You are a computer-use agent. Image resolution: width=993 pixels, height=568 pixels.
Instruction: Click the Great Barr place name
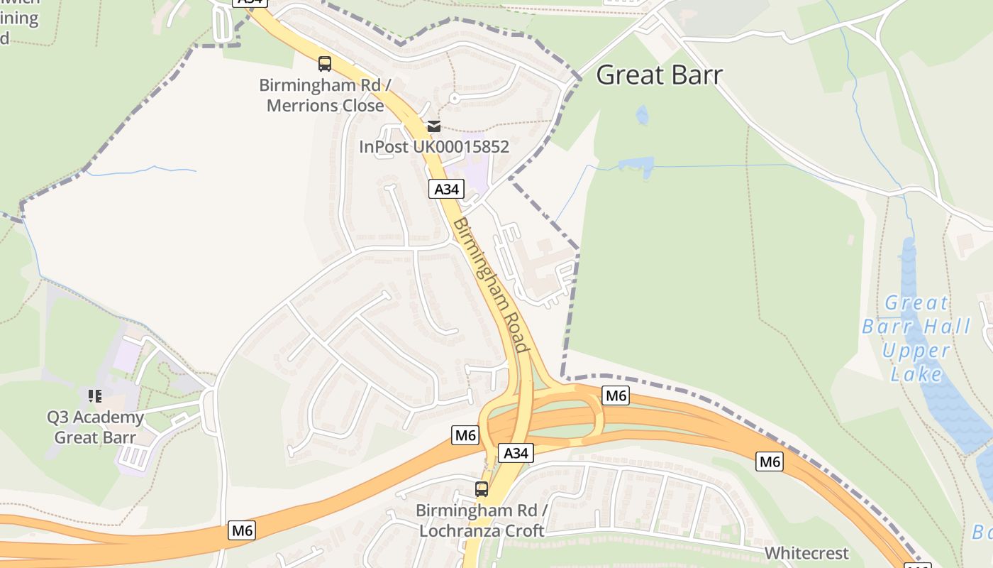tap(659, 75)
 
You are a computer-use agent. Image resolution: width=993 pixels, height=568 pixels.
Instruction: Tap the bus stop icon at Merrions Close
tap(325, 64)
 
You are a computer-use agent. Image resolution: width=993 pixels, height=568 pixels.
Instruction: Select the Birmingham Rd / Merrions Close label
tap(326, 96)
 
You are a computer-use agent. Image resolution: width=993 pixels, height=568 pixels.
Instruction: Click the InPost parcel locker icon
tap(433, 126)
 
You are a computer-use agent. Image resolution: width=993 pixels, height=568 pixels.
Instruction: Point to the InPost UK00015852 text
tap(434, 147)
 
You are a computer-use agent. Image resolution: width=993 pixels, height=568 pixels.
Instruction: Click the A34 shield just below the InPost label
tap(447, 189)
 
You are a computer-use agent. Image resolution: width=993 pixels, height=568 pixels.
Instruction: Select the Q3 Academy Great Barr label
tap(95, 427)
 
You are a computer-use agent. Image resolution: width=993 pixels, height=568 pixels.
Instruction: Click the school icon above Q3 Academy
tap(94, 395)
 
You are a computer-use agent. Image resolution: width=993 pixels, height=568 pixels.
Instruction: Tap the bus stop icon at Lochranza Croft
tap(482, 488)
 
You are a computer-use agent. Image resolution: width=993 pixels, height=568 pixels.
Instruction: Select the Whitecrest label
tap(806, 553)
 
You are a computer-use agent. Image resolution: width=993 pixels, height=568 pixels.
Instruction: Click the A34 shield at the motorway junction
tap(516, 453)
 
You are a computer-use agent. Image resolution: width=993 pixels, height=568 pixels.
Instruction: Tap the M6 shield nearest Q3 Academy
tap(243, 530)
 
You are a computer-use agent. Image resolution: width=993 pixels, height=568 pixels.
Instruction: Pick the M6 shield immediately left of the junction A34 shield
tap(465, 435)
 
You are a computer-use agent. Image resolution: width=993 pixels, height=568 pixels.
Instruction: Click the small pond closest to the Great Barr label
tap(642, 114)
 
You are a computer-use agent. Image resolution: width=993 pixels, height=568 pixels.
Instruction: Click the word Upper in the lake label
tap(916, 351)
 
